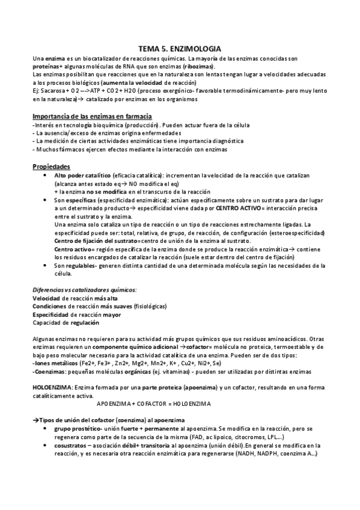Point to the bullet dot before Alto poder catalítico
(x=47, y=174)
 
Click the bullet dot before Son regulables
(x=47, y=265)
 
